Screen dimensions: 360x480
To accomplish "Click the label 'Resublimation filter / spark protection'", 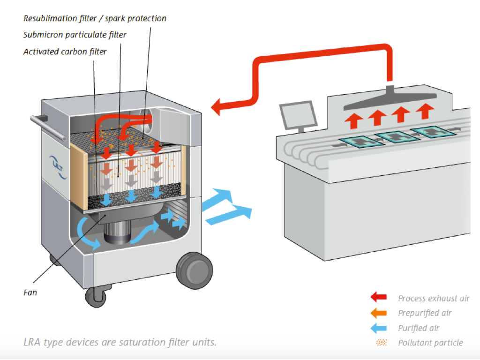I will pyautogui.click(x=95, y=19).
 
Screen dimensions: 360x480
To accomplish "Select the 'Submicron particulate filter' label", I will pyautogui.click(x=75, y=35).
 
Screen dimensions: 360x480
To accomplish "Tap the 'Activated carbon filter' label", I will pyautogui.click(x=65, y=52).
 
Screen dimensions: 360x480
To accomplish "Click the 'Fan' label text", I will pyautogui.click(x=30, y=292).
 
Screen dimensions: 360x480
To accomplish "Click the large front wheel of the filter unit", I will pyautogui.click(x=194, y=270).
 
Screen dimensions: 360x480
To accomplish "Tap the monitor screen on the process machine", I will pyautogui.click(x=296, y=114).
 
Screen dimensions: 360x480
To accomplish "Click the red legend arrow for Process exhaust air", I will pyautogui.click(x=378, y=297).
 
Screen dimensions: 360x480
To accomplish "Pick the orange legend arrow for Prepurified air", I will pyautogui.click(x=378, y=313).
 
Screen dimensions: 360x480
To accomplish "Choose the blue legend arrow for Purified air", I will pyautogui.click(x=378, y=328).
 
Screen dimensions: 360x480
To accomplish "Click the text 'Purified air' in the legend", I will pyautogui.click(x=419, y=328).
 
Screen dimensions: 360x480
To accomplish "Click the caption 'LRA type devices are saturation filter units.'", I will pyautogui.click(x=120, y=342).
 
